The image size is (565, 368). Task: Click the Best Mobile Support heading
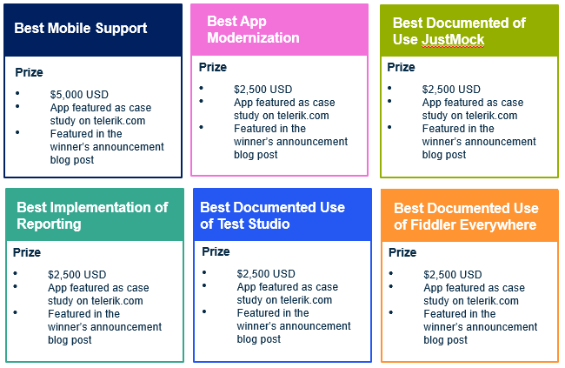pyautogui.click(x=81, y=29)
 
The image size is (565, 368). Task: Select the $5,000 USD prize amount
pyautogui.click(x=79, y=95)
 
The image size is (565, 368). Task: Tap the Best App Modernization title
pyautogui.click(x=253, y=30)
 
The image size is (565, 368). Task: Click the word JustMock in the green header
pyautogui.click(x=453, y=40)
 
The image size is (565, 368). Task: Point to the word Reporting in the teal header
pyautogui.click(x=49, y=224)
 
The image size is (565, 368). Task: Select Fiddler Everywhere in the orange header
pyautogui.click(x=474, y=225)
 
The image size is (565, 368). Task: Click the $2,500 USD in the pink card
pyautogui.click(x=263, y=90)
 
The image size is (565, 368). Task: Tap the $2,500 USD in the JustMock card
pyautogui.click(x=451, y=90)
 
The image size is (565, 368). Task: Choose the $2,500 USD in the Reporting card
pyautogui.click(x=77, y=275)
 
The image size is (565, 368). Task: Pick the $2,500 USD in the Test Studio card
pyautogui.click(x=266, y=274)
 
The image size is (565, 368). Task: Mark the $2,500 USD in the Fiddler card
pyautogui.click(x=453, y=275)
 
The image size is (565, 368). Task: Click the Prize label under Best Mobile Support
pyautogui.click(x=30, y=72)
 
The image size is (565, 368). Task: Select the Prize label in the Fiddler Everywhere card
pyautogui.click(x=402, y=252)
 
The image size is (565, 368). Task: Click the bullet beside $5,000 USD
pyautogui.click(x=17, y=93)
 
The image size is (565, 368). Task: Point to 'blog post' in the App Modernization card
pyautogui.click(x=256, y=155)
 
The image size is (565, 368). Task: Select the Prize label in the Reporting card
pyautogui.click(x=27, y=252)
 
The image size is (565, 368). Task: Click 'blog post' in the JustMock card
pyautogui.click(x=444, y=155)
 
